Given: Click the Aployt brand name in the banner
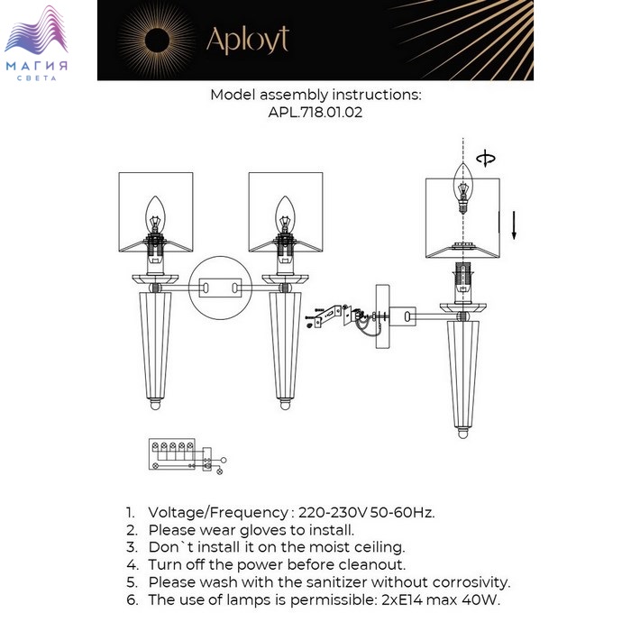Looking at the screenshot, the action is [x=248, y=40].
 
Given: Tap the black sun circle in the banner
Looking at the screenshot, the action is [x=157, y=41].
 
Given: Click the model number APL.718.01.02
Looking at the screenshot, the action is [x=315, y=112].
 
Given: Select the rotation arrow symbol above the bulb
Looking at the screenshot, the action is [x=486, y=158].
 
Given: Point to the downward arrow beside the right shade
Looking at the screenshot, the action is [x=514, y=225].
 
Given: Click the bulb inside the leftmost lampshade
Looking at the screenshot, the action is [x=155, y=215].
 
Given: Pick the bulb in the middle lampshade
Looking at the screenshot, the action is [x=285, y=215].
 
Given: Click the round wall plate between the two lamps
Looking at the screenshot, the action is [x=221, y=288].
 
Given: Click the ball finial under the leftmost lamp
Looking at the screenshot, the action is [x=155, y=404].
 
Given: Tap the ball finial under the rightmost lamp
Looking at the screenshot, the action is [x=462, y=433].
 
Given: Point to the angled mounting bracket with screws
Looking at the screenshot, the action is [x=329, y=315].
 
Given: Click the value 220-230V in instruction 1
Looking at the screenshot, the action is [x=333, y=512].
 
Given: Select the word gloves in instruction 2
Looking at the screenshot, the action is [x=266, y=530].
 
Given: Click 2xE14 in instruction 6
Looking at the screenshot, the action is [x=402, y=599].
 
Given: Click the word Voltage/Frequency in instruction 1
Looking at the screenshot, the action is [x=218, y=513].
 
